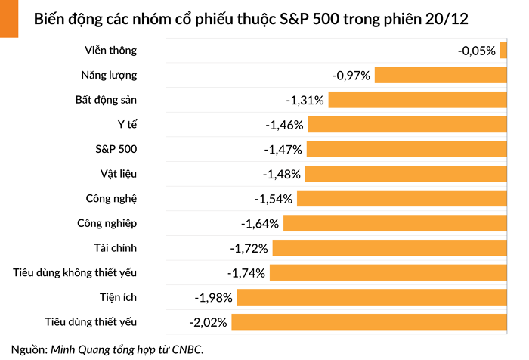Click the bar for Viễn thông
pyautogui.click(x=503, y=51)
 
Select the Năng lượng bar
pyautogui.click(x=441, y=76)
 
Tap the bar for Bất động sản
pyautogui.click(x=417, y=100)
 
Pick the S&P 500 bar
pyautogui.click(x=407, y=149)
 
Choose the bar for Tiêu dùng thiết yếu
pyautogui.click(x=369, y=322)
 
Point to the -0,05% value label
pyautogui.click(x=477, y=51)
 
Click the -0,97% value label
pyautogui.click(x=351, y=76)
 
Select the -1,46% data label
pyautogui.click(x=284, y=125)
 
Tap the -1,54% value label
pyautogui.click(x=274, y=199)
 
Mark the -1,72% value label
pyautogui.click(x=249, y=248)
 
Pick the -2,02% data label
pyautogui.click(x=208, y=323)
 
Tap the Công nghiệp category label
pyautogui.click(x=107, y=223)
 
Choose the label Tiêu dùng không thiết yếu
pyautogui.click(x=76, y=272)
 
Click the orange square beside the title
pyautogui.click(x=9, y=18)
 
